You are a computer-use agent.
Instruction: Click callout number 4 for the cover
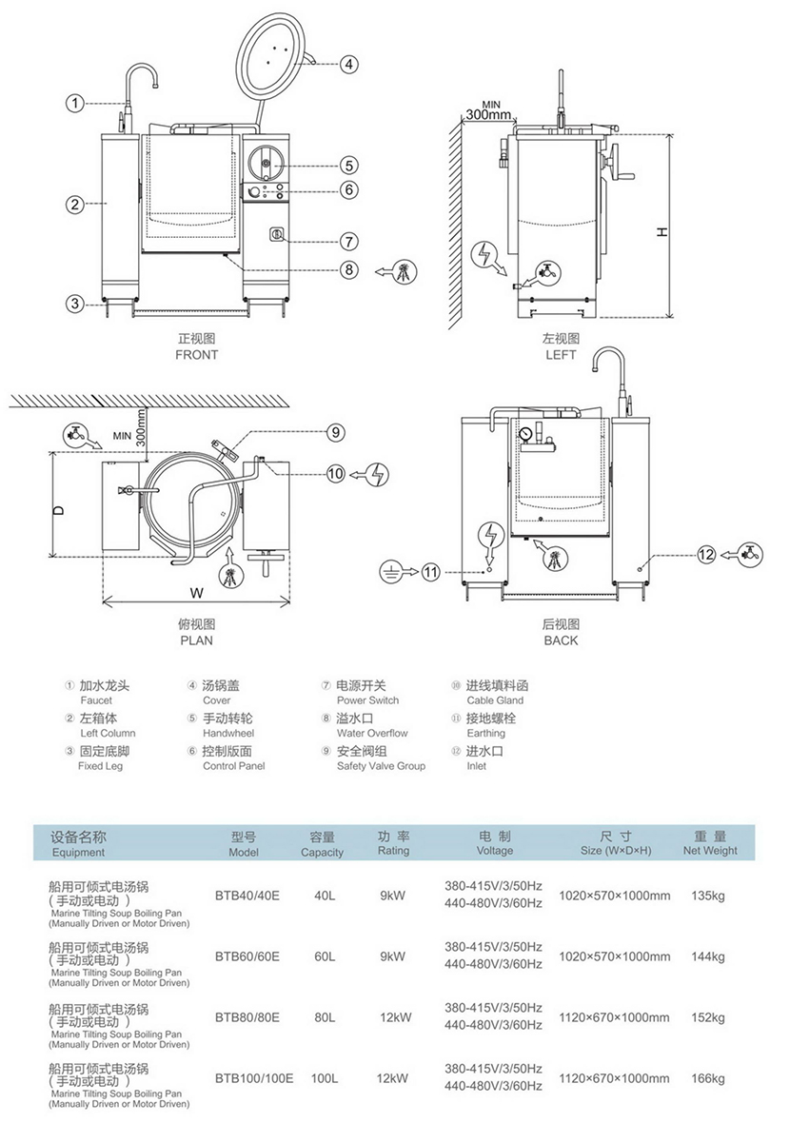click(x=349, y=66)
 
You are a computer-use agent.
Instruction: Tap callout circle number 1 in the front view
click(x=75, y=102)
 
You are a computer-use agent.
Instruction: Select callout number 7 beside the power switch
click(x=349, y=241)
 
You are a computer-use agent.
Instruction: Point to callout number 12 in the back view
click(x=705, y=553)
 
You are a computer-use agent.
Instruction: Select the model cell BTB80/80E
click(x=247, y=1017)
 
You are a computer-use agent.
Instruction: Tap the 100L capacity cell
click(x=324, y=1078)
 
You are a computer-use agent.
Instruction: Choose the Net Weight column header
click(x=710, y=844)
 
